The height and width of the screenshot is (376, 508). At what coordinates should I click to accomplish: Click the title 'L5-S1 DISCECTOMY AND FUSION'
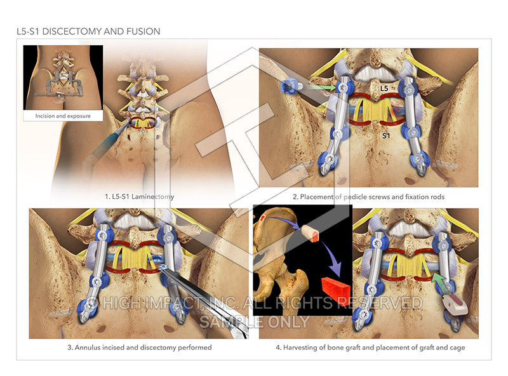(x=88, y=31)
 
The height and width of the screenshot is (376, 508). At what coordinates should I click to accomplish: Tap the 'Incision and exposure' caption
(x=62, y=116)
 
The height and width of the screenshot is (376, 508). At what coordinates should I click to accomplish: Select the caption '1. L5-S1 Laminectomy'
(x=139, y=197)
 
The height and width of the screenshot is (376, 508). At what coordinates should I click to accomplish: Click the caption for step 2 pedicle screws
(x=368, y=197)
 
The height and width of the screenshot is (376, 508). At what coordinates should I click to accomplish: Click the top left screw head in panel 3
(x=102, y=233)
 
